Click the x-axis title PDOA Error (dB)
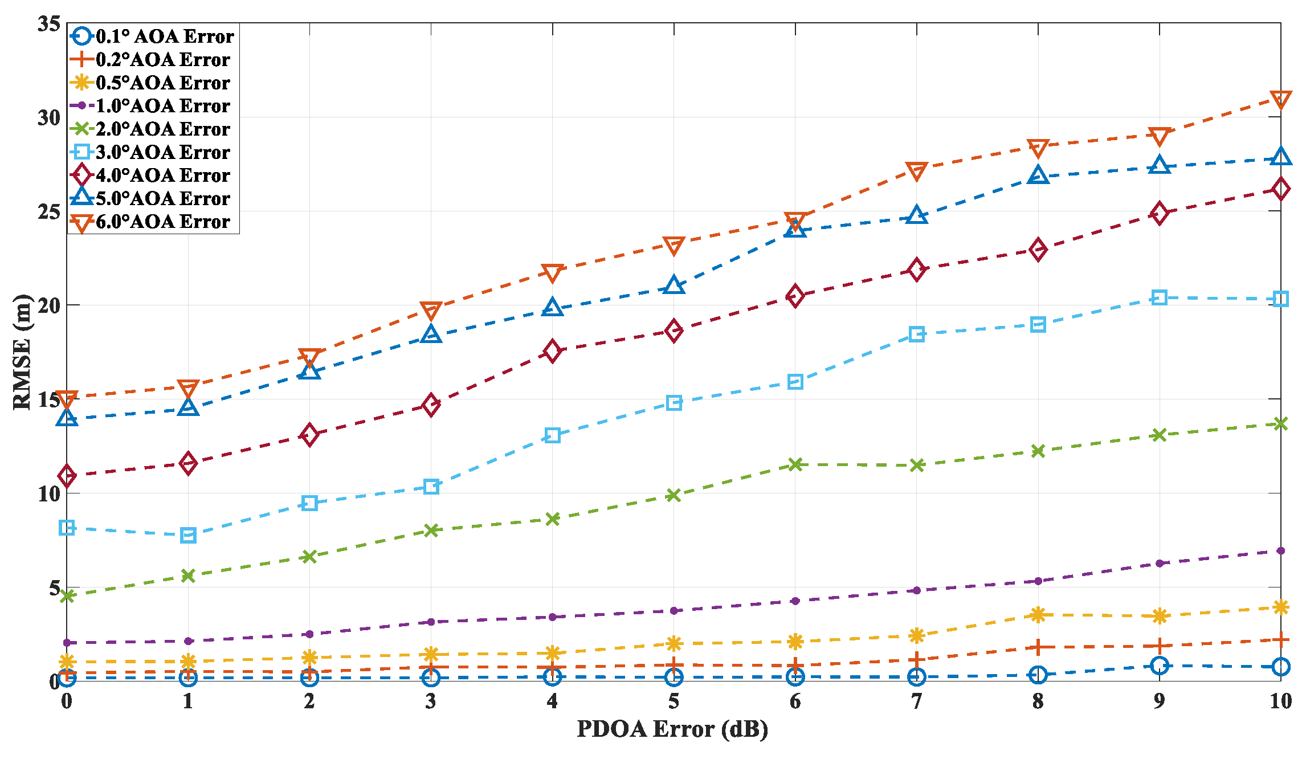[672, 729]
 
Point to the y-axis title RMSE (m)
[22, 352]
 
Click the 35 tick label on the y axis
[49, 24]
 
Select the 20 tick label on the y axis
[49, 305]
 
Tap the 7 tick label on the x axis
[916, 701]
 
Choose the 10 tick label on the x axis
[1280, 701]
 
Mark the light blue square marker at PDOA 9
[1160, 297]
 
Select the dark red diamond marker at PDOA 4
[552, 351]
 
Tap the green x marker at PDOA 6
[795, 464]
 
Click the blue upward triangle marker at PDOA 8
[1038, 176]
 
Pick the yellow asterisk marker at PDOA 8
[1038, 614]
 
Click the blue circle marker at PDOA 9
[1160, 666]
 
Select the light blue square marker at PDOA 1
[189, 535]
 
